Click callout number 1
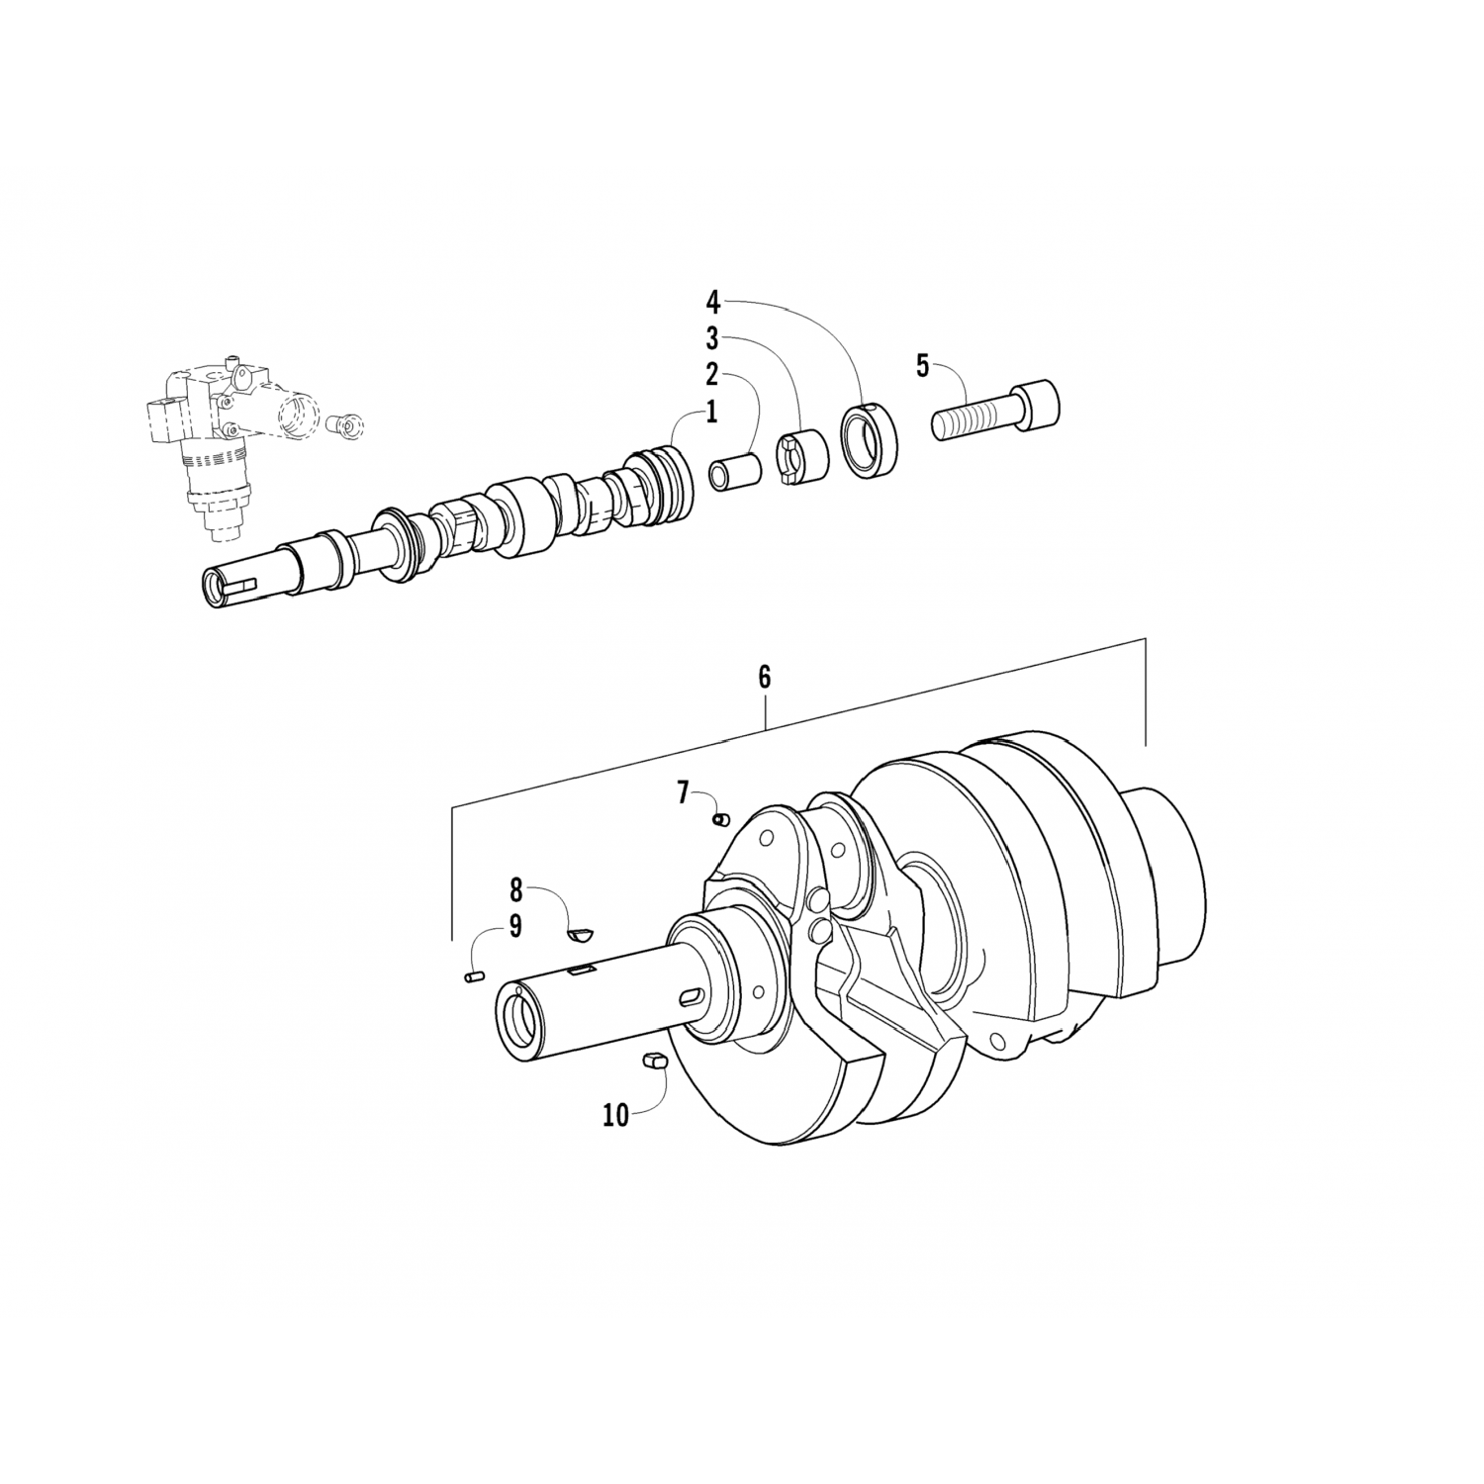point(710,413)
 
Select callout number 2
point(710,375)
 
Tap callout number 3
point(711,338)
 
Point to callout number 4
point(712,300)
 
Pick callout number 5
point(923,366)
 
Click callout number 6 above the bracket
point(764,677)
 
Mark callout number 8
point(515,890)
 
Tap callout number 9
point(515,927)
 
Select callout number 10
point(615,1115)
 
